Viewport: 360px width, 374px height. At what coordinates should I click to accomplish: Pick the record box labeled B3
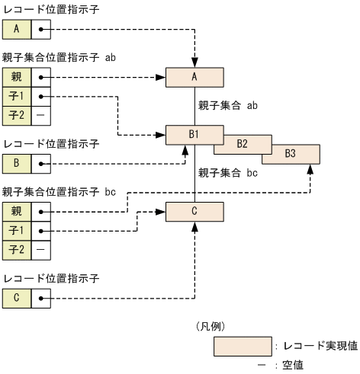click(291, 154)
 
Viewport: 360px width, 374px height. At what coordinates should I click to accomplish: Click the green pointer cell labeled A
click(17, 30)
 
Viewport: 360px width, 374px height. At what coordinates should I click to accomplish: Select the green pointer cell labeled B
click(17, 163)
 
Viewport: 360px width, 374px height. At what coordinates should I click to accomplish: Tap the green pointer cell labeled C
click(17, 297)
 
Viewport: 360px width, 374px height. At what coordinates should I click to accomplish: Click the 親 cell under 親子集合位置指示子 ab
click(17, 78)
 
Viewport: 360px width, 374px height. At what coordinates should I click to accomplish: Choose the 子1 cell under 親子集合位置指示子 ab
click(17, 97)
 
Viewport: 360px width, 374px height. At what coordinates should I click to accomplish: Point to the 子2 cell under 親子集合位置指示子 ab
click(17, 116)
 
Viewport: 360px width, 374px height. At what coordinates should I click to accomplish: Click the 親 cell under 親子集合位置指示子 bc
click(17, 211)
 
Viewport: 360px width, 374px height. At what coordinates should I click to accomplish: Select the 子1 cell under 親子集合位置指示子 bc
click(17, 230)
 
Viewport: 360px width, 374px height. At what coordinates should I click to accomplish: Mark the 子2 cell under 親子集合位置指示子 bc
click(17, 249)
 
